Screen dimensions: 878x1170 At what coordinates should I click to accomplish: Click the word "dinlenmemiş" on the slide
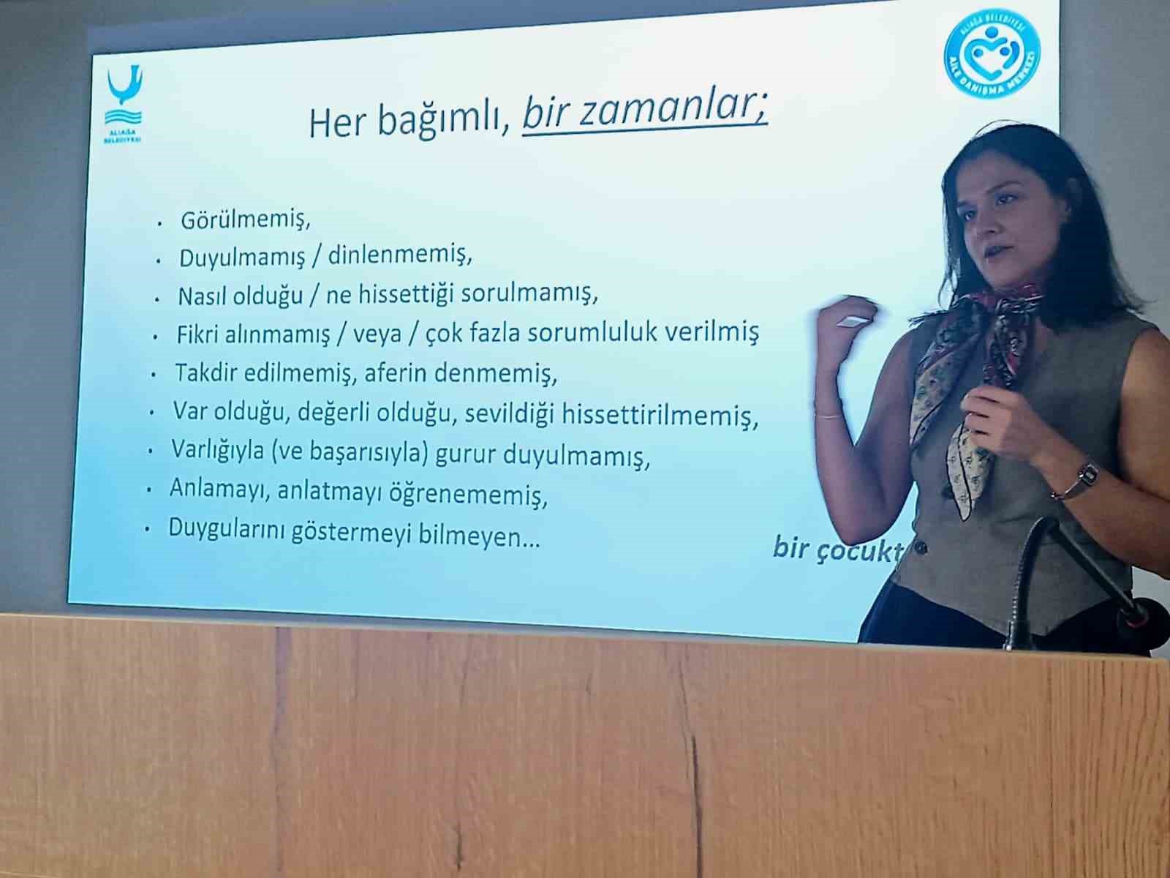tap(400, 255)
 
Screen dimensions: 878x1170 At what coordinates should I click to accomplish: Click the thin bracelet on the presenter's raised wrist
tap(829, 416)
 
